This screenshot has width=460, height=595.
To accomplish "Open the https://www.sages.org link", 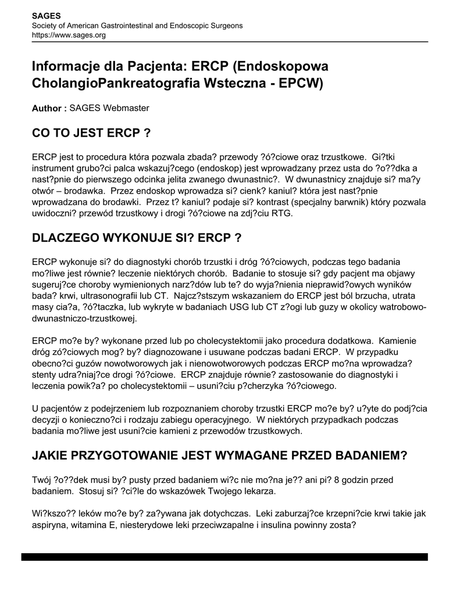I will tap(69, 35).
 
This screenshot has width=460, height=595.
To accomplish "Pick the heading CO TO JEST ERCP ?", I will tap(91, 134).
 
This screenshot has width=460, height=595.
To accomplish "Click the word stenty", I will tap(44, 375).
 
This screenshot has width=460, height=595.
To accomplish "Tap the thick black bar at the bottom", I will tap(224, 557).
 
